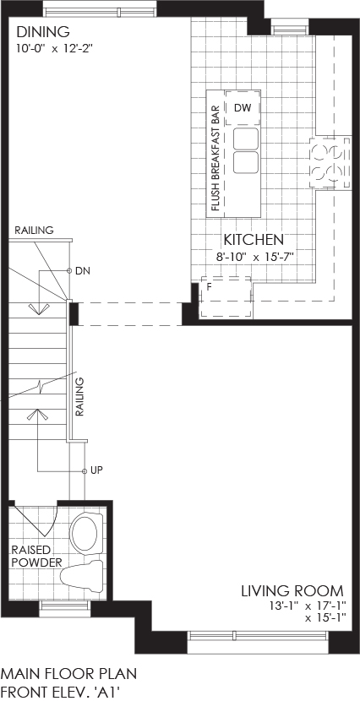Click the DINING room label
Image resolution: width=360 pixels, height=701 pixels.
point(43,32)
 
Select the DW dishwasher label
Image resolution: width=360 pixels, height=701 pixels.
point(243,108)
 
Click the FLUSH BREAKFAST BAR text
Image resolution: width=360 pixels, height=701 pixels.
point(215,157)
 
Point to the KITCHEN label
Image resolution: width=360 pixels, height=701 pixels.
point(254,240)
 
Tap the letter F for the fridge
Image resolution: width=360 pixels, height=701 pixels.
point(209,285)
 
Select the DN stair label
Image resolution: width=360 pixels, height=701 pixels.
point(83,270)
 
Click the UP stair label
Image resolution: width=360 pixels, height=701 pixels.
point(96,470)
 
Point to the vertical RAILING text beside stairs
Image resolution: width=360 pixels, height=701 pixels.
point(79,397)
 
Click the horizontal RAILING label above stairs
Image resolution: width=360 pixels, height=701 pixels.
point(34,231)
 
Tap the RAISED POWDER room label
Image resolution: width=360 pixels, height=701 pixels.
point(36,556)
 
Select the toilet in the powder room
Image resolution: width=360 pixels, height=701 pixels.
point(82,574)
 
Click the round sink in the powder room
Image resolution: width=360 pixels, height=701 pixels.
point(85,531)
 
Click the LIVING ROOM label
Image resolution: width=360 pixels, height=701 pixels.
point(292,590)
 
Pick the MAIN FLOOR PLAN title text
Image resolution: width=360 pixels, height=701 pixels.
point(69,673)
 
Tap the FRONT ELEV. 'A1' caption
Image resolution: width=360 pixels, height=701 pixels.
point(61,692)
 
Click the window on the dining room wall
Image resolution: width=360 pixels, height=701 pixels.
point(101,9)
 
